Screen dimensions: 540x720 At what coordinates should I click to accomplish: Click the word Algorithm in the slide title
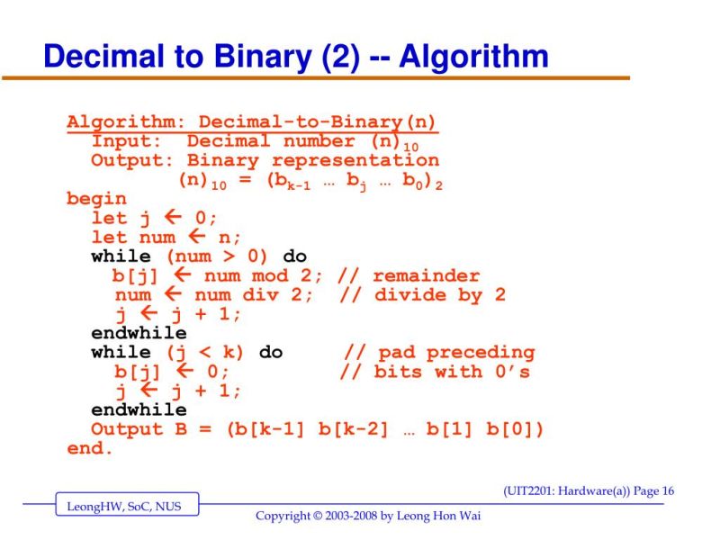point(473,57)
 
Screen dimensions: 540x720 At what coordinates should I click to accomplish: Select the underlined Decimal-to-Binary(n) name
point(318,121)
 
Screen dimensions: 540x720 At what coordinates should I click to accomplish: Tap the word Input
point(125,141)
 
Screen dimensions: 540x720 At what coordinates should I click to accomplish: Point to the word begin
point(96,199)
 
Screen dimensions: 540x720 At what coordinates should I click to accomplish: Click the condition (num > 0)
point(217,256)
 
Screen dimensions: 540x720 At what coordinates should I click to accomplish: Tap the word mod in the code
point(269,275)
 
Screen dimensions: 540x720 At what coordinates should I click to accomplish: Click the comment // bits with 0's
point(435,372)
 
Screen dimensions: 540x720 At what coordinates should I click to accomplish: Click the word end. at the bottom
point(90,448)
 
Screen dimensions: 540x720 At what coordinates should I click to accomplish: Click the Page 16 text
point(653,490)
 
